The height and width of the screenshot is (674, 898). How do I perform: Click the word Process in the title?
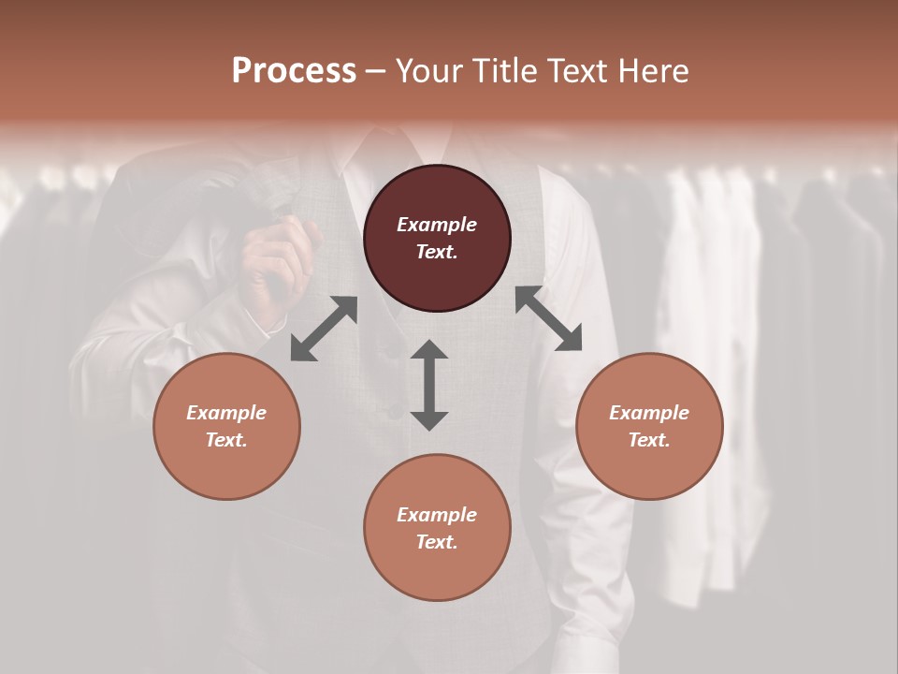[294, 71]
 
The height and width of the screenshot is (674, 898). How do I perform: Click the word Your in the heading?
[430, 71]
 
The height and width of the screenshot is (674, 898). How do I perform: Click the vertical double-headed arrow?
[429, 385]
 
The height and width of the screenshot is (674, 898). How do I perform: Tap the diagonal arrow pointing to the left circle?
[324, 329]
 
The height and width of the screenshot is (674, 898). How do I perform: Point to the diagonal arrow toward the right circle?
[548, 318]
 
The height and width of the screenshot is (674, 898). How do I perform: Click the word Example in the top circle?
[437, 225]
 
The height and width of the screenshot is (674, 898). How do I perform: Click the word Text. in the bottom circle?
[437, 542]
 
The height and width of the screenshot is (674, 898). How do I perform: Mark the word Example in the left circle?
[226, 413]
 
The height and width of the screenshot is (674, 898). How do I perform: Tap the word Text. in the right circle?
[649, 440]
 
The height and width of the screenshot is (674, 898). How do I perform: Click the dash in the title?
[376, 72]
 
